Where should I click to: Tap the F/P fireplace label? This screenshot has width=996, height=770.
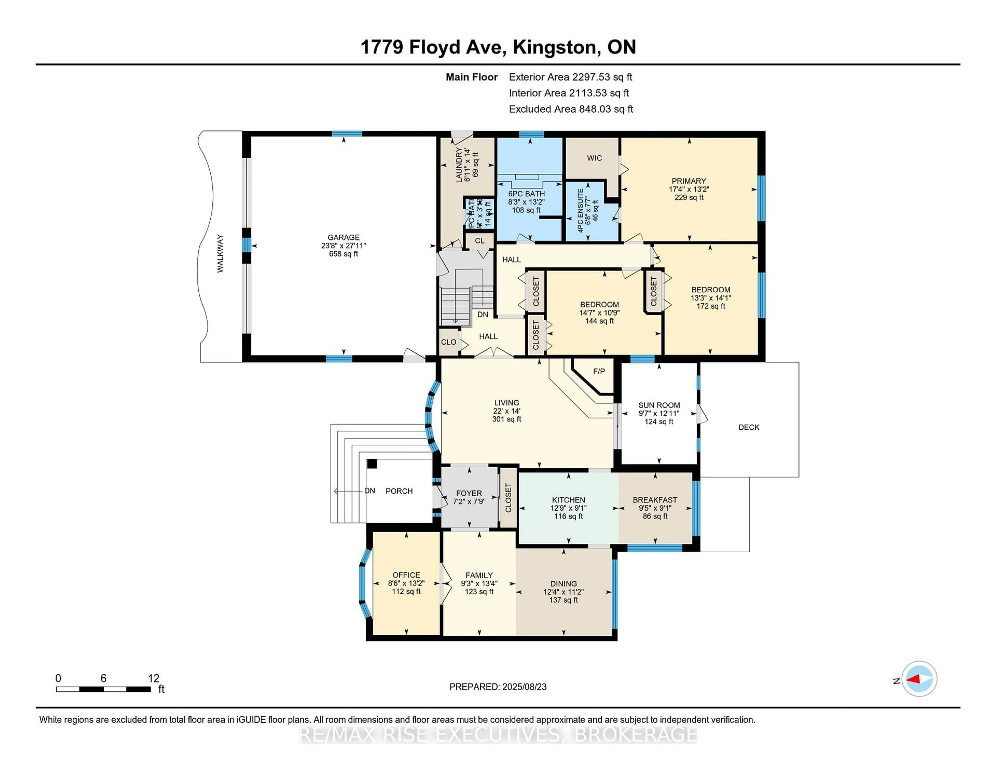tap(599, 371)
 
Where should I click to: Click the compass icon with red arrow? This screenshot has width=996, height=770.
tap(919, 679)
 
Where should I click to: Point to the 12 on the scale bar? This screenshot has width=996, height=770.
tap(154, 678)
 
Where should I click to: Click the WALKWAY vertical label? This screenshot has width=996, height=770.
tap(220, 254)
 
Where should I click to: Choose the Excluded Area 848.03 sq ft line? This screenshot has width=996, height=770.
tap(571, 109)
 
